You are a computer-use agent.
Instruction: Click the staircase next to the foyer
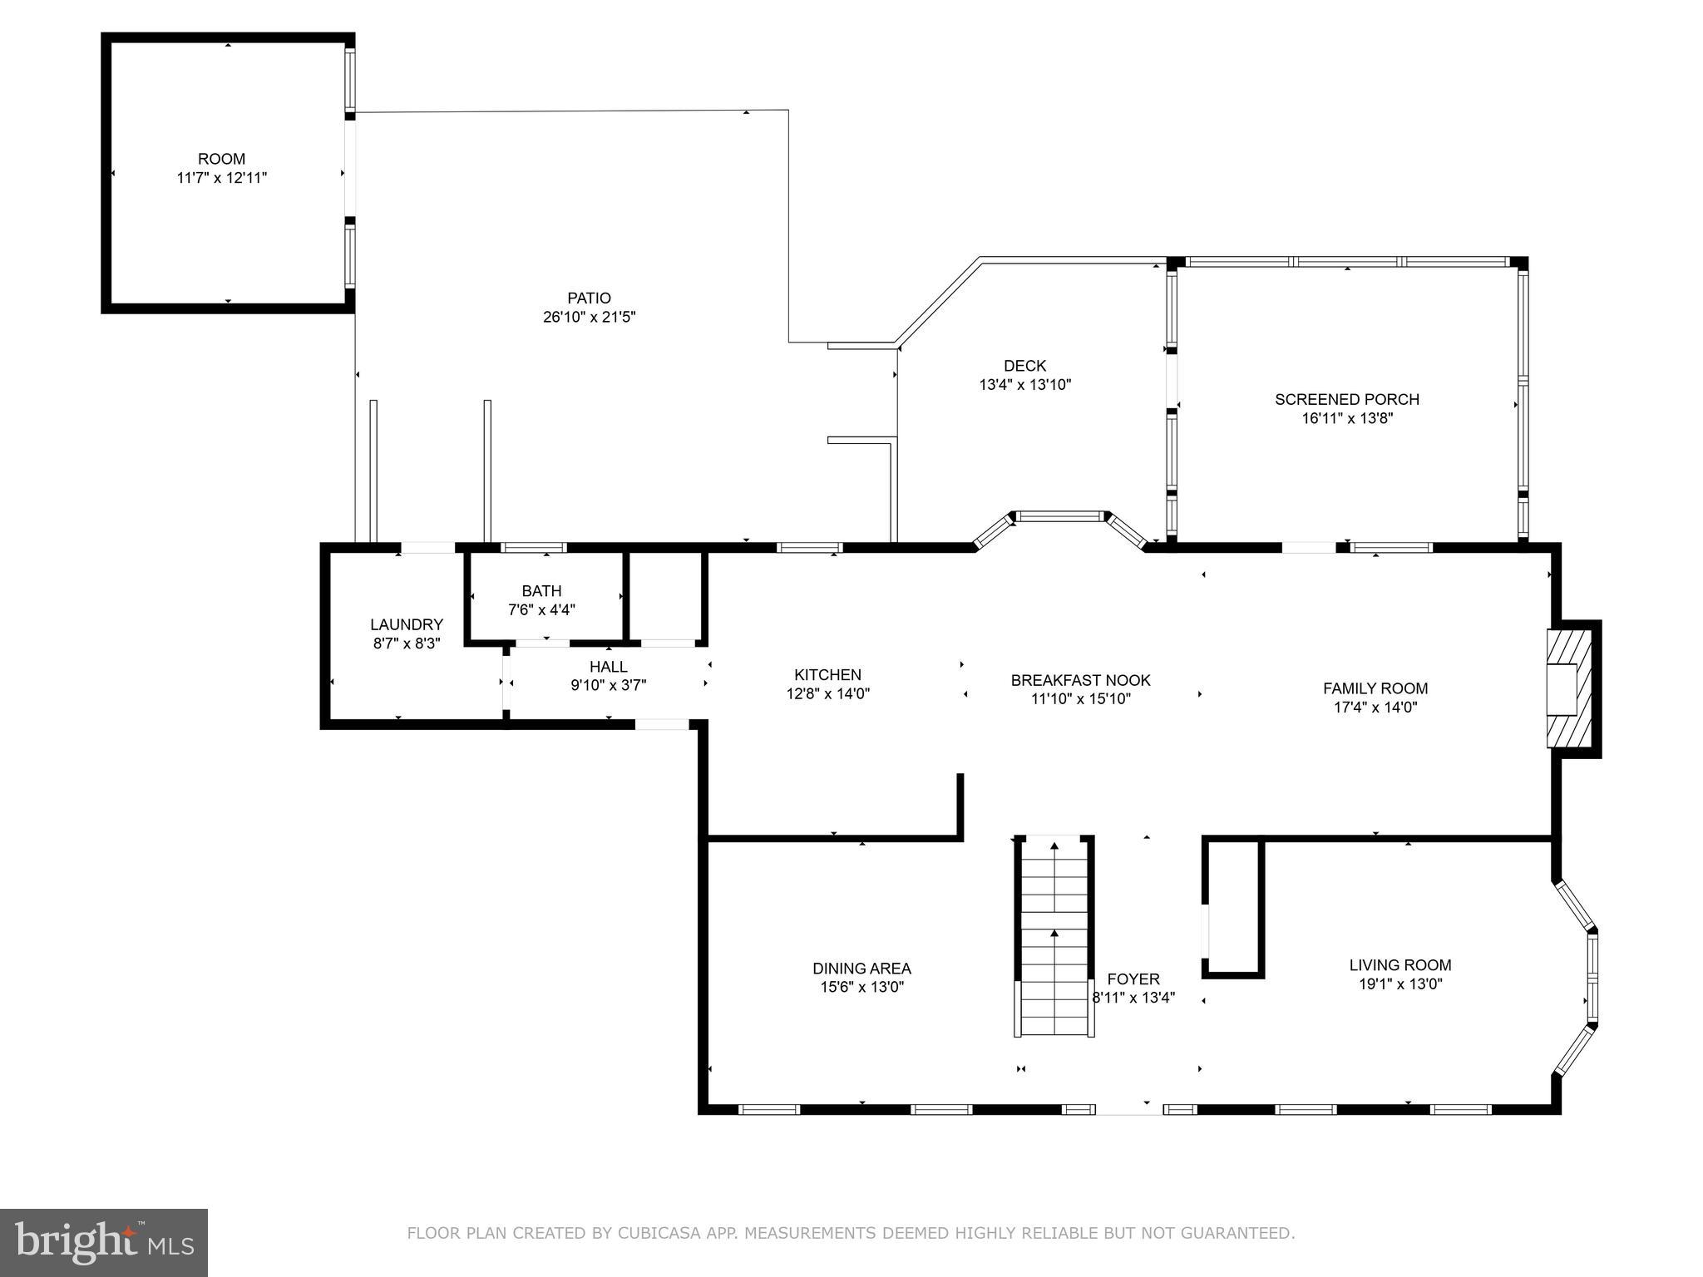click(x=1054, y=935)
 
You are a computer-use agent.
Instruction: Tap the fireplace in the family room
click(x=1569, y=689)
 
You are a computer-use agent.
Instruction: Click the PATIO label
click(x=589, y=298)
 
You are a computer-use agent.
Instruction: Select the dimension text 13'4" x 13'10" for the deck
click(x=1024, y=385)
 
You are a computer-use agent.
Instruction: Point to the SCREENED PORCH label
click(x=1346, y=399)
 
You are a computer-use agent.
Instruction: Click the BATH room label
click(x=541, y=591)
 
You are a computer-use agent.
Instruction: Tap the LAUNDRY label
click(x=406, y=624)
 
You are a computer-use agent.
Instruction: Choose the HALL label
click(x=608, y=667)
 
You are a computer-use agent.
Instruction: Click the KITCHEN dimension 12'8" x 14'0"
click(x=827, y=693)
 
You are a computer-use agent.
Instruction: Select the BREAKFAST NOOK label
click(x=1080, y=680)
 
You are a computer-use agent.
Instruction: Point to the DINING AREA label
click(x=861, y=969)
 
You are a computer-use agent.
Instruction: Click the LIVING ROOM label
click(x=1399, y=965)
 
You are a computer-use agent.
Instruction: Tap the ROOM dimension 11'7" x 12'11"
click(x=221, y=178)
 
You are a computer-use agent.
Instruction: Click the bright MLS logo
click(x=104, y=1243)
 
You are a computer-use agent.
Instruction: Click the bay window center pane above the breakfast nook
click(x=1059, y=516)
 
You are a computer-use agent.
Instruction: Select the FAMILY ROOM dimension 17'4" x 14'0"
click(x=1375, y=708)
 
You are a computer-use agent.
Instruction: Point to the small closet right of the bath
click(x=666, y=596)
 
